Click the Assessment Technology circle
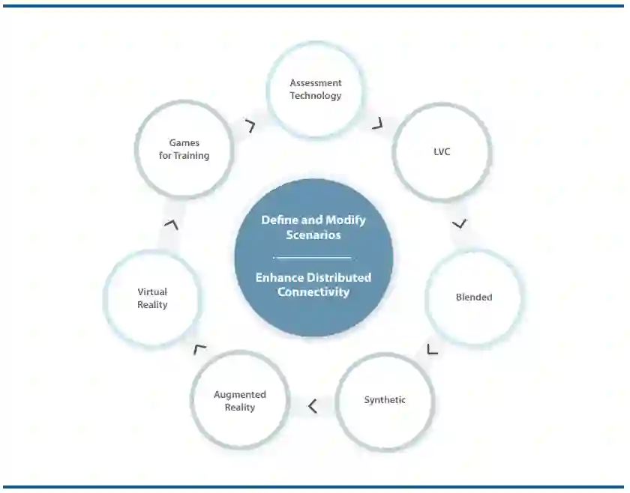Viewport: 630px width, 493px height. tap(316, 90)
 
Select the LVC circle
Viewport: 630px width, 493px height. tap(442, 152)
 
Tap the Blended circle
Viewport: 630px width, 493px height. tap(474, 297)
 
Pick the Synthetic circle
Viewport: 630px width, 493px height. tap(385, 401)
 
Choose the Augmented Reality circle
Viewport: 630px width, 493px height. tap(240, 401)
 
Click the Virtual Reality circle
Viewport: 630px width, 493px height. tap(152, 298)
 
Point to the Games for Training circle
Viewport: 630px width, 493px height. tap(184, 149)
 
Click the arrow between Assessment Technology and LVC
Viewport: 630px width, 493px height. tap(377, 123)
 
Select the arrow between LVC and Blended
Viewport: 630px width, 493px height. tap(460, 223)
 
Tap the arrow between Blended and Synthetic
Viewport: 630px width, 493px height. tap(431, 348)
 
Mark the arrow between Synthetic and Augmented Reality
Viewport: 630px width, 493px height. tap(312, 406)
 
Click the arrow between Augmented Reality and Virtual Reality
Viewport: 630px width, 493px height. tap(199, 348)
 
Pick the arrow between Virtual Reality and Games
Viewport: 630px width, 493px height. tap(172, 224)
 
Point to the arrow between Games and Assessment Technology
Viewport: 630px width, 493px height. tap(250, 126)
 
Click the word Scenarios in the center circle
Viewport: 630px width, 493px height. tap(313, 235)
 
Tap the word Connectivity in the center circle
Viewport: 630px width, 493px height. tap(313, 292)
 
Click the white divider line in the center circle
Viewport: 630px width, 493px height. tap(313, 257)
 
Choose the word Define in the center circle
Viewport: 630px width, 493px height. tap(279, 220)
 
